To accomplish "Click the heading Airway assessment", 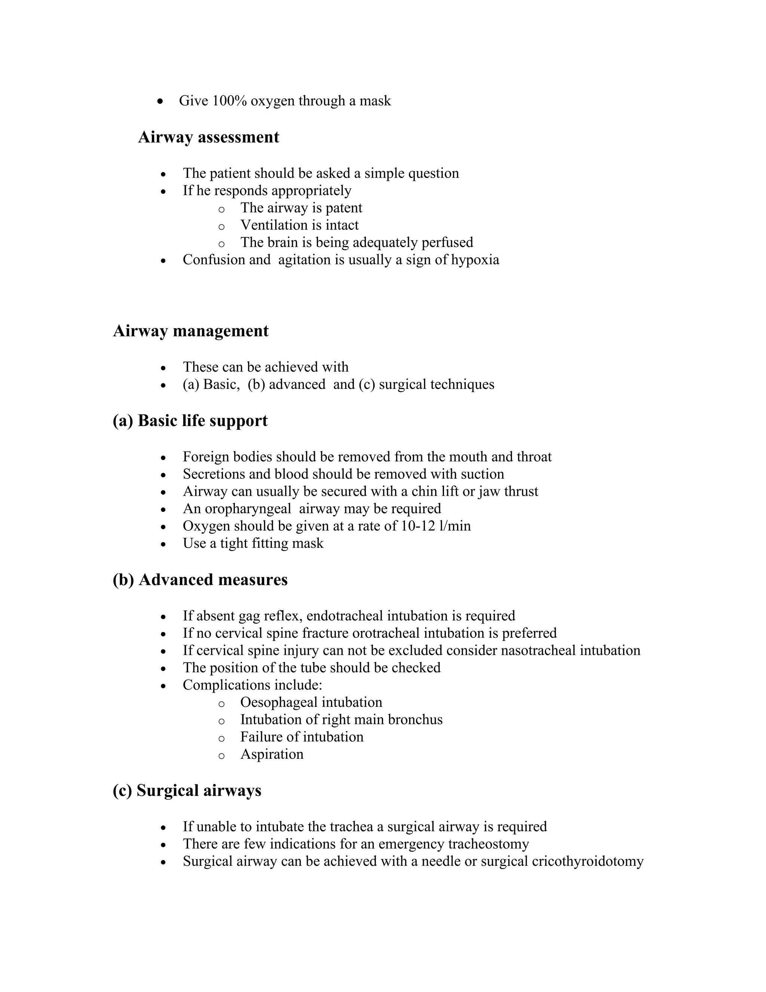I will (208, 137).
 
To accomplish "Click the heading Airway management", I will (191, 331).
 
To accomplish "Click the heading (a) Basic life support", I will (190, 421).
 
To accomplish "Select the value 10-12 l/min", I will (436, 526).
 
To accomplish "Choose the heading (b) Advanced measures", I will (200, 579).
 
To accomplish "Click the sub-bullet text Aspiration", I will (272, 754).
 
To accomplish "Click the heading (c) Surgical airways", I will (187, 790).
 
